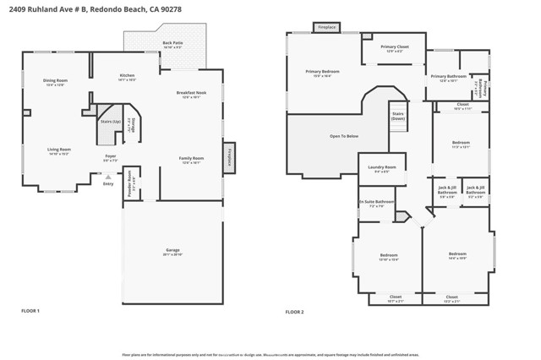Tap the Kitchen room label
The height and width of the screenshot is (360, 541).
(127, 76)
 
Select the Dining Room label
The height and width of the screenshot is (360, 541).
(56, 80)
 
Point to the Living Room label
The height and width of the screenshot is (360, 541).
(58, 150)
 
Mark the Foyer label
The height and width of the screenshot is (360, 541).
(110, 156)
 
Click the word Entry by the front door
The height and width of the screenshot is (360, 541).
(107, 183)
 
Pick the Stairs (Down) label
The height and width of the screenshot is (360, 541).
(398, 116)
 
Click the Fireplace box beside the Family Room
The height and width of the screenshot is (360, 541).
(228, 156)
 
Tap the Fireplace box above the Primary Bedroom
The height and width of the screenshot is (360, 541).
(326, 28)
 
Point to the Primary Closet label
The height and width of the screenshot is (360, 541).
(394, 47)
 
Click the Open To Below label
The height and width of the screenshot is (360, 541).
(344, 136)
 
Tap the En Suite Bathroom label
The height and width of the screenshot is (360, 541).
(376, 201)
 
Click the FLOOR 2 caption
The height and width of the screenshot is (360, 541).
(294, 312)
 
